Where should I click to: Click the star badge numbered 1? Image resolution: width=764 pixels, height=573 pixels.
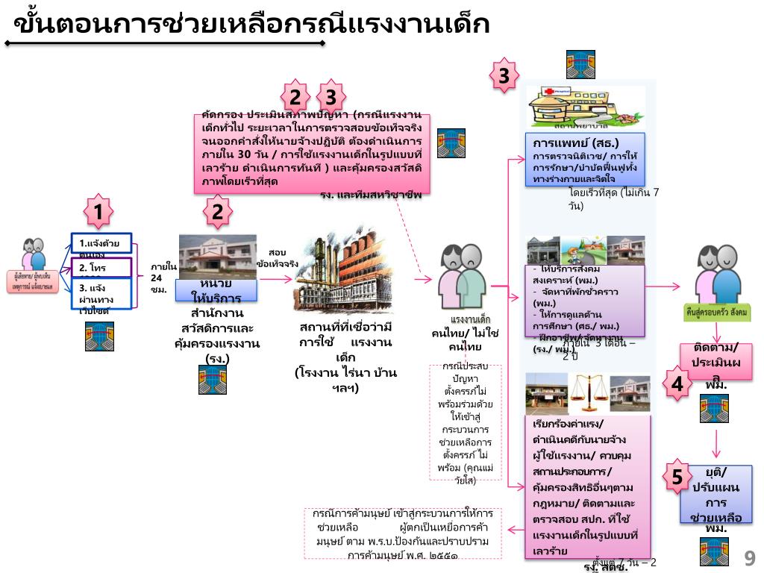coord(98,212)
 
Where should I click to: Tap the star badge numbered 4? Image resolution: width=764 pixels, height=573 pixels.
coord(677,383)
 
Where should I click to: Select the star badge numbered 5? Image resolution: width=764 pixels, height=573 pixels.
coord(677,476)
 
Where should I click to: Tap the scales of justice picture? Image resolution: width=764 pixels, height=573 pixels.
coord(589,391)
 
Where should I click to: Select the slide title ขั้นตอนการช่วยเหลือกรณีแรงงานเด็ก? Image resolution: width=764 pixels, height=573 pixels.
coord(251,25)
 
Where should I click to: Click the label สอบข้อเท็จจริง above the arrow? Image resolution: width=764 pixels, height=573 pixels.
coord(278,258)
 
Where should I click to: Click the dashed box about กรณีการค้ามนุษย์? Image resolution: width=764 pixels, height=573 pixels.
coord(403,534)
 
